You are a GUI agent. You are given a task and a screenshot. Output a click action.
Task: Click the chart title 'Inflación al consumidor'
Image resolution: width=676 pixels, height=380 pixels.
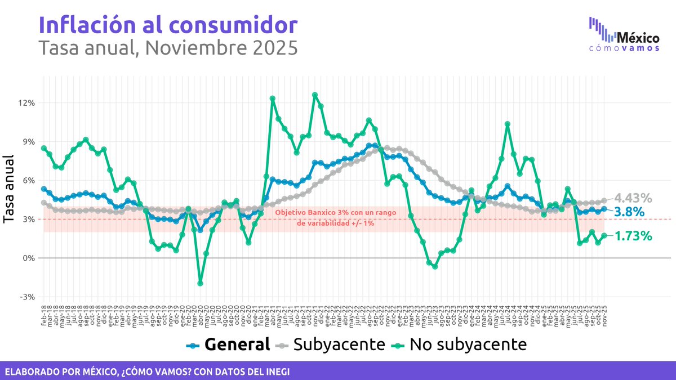coord(167,25)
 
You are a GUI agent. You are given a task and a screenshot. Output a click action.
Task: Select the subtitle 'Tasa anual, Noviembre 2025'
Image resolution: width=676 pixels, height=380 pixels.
coord(167,48)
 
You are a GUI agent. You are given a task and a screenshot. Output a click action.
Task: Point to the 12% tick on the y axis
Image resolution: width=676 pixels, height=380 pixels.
coord(27,103)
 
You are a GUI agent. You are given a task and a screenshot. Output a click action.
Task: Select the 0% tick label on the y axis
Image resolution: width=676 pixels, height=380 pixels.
coord(28,258)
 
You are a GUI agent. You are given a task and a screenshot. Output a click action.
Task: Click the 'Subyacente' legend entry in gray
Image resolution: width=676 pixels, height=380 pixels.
coord(332,344)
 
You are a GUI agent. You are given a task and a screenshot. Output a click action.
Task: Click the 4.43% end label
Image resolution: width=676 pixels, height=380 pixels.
coord(633,198)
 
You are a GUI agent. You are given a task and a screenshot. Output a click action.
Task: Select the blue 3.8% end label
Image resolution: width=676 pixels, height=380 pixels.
coord(629,212)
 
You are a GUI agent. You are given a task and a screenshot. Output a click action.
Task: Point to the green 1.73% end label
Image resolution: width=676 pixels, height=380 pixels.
coord(633,235)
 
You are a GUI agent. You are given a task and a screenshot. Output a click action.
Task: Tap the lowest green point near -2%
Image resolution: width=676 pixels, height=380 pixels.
coord(200,283)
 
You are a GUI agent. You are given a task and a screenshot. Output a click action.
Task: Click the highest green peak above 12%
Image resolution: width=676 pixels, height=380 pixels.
coord(315,95)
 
